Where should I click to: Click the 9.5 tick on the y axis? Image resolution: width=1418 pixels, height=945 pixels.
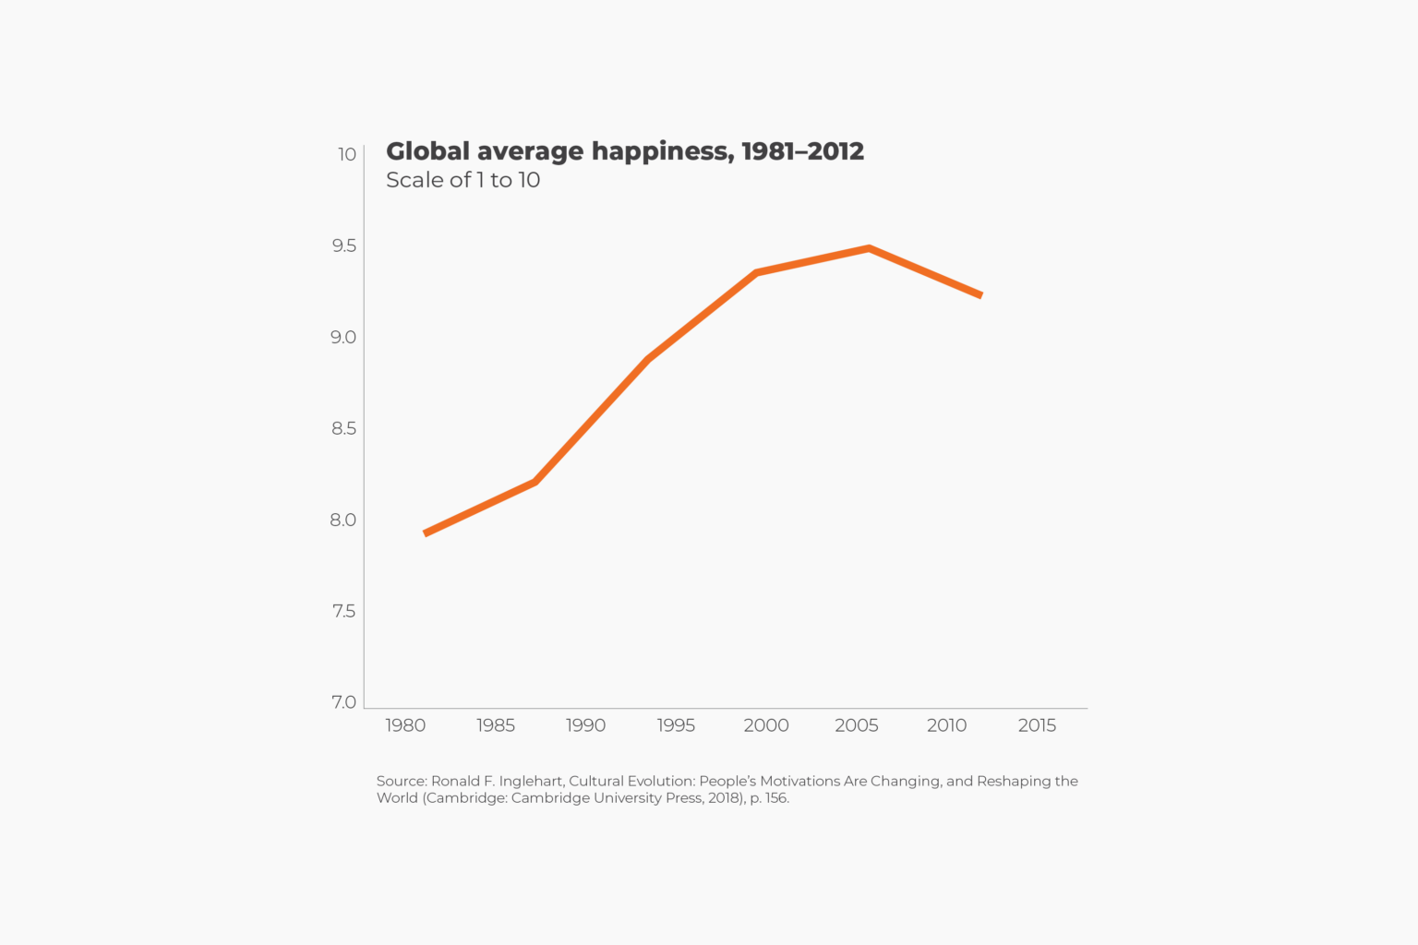343,245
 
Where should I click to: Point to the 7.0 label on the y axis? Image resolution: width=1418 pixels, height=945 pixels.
343,702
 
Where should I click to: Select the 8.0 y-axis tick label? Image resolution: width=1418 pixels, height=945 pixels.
343,520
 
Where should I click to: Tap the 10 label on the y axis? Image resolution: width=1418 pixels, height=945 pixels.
347,154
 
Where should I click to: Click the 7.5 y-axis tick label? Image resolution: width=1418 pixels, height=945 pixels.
343,611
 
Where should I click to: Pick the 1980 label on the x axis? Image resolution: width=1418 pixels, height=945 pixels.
405,725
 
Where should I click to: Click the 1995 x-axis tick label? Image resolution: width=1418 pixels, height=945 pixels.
676,725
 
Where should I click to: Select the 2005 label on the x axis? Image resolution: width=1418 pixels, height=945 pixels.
857,725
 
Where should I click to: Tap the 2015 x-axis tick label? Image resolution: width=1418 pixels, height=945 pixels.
1037,725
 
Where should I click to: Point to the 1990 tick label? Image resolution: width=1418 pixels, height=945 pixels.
586,725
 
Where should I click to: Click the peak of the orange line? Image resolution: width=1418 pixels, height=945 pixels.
869,248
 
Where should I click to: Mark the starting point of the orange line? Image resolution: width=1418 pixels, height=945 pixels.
426,533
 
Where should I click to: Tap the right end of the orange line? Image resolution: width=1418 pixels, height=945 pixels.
980,295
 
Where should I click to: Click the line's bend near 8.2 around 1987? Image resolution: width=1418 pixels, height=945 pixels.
535,482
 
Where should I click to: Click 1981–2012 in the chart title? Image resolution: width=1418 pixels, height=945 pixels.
802,151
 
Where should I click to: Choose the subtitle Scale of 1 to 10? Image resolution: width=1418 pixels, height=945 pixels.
463,180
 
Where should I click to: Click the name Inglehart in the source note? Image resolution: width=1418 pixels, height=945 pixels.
531,781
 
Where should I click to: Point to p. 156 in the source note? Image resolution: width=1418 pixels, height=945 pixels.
769,798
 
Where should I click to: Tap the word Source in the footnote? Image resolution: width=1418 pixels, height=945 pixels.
401,781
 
